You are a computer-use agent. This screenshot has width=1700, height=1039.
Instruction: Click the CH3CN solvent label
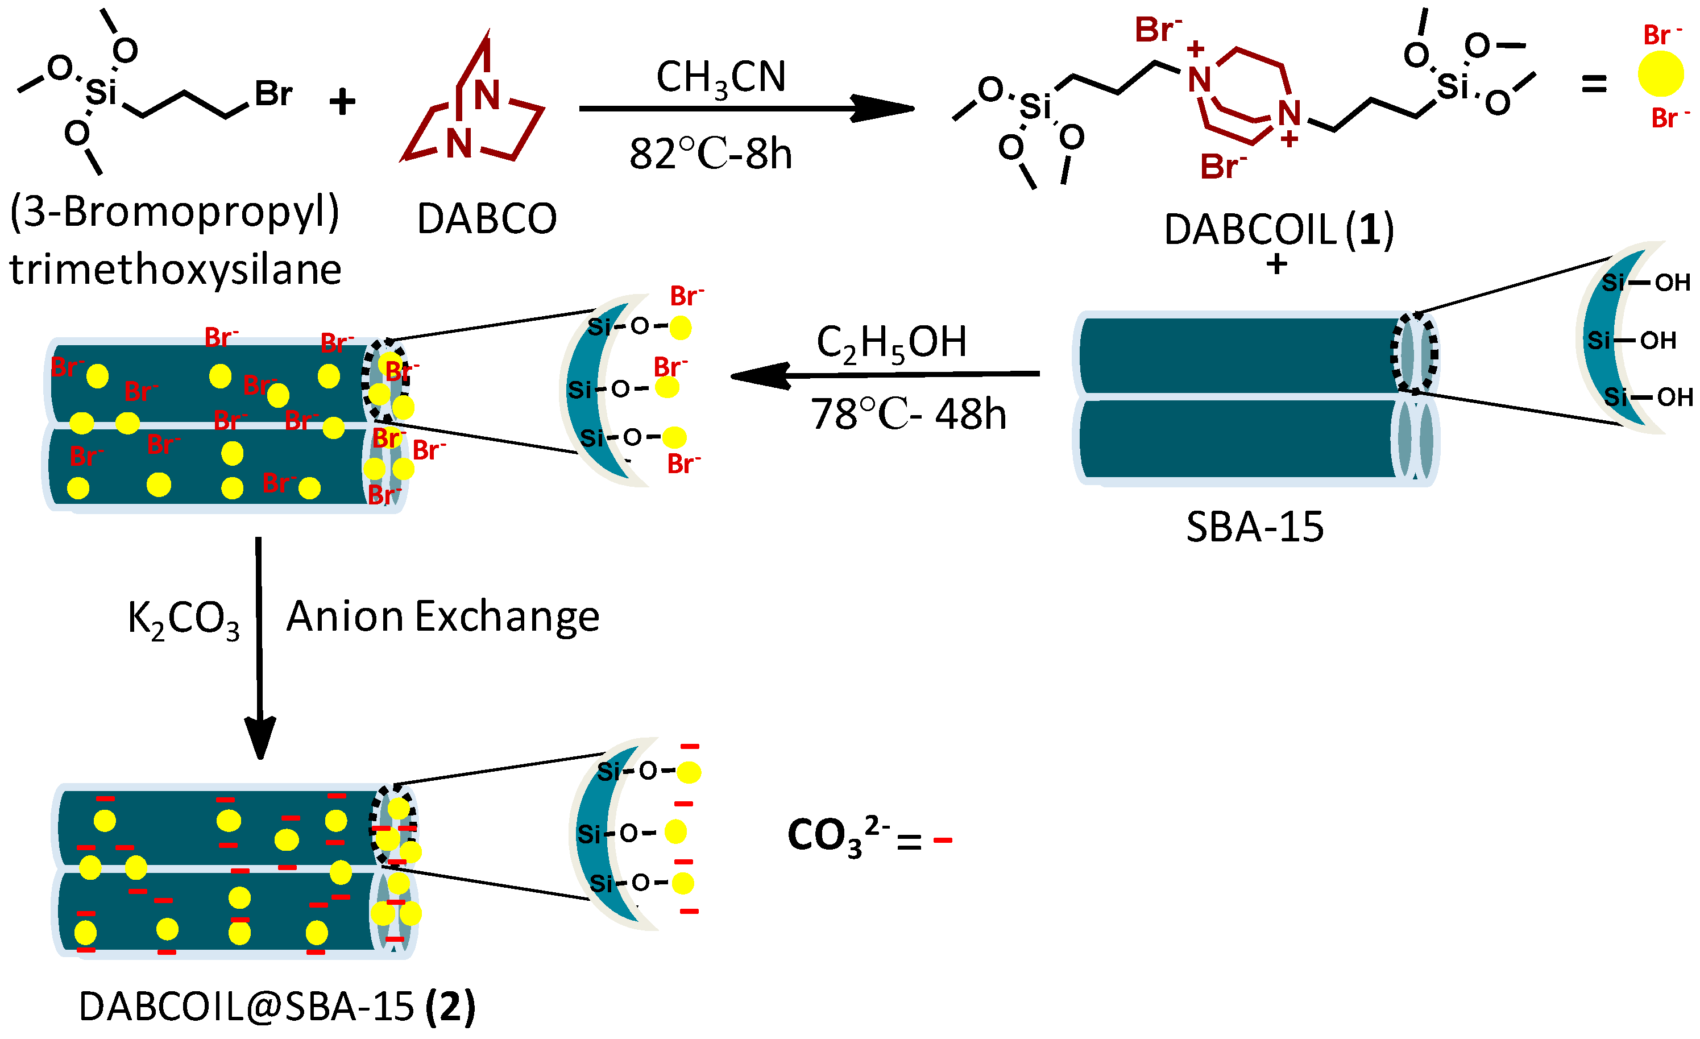720,77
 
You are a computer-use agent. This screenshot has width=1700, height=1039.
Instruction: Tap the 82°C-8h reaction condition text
710,153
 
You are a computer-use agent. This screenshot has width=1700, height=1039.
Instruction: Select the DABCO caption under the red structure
486,219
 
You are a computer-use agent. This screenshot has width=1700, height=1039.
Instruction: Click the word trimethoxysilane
175,269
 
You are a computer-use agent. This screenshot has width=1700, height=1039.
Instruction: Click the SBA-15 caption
1254,527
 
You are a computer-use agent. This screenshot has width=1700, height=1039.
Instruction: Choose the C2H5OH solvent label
891,343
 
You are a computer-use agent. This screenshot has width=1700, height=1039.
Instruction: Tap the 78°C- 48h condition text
908,414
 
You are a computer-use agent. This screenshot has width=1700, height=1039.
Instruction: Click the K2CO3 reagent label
184,618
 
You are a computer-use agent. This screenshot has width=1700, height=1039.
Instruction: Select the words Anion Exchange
443,616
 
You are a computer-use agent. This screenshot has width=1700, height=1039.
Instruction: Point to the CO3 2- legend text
837,835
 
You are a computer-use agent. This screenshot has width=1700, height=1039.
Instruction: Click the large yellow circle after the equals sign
1661,73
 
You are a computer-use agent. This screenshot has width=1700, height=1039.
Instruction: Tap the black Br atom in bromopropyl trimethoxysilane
273,93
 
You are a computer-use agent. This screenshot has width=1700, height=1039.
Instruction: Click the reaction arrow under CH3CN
745,108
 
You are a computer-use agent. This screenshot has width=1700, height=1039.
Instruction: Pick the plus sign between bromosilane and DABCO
342,103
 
